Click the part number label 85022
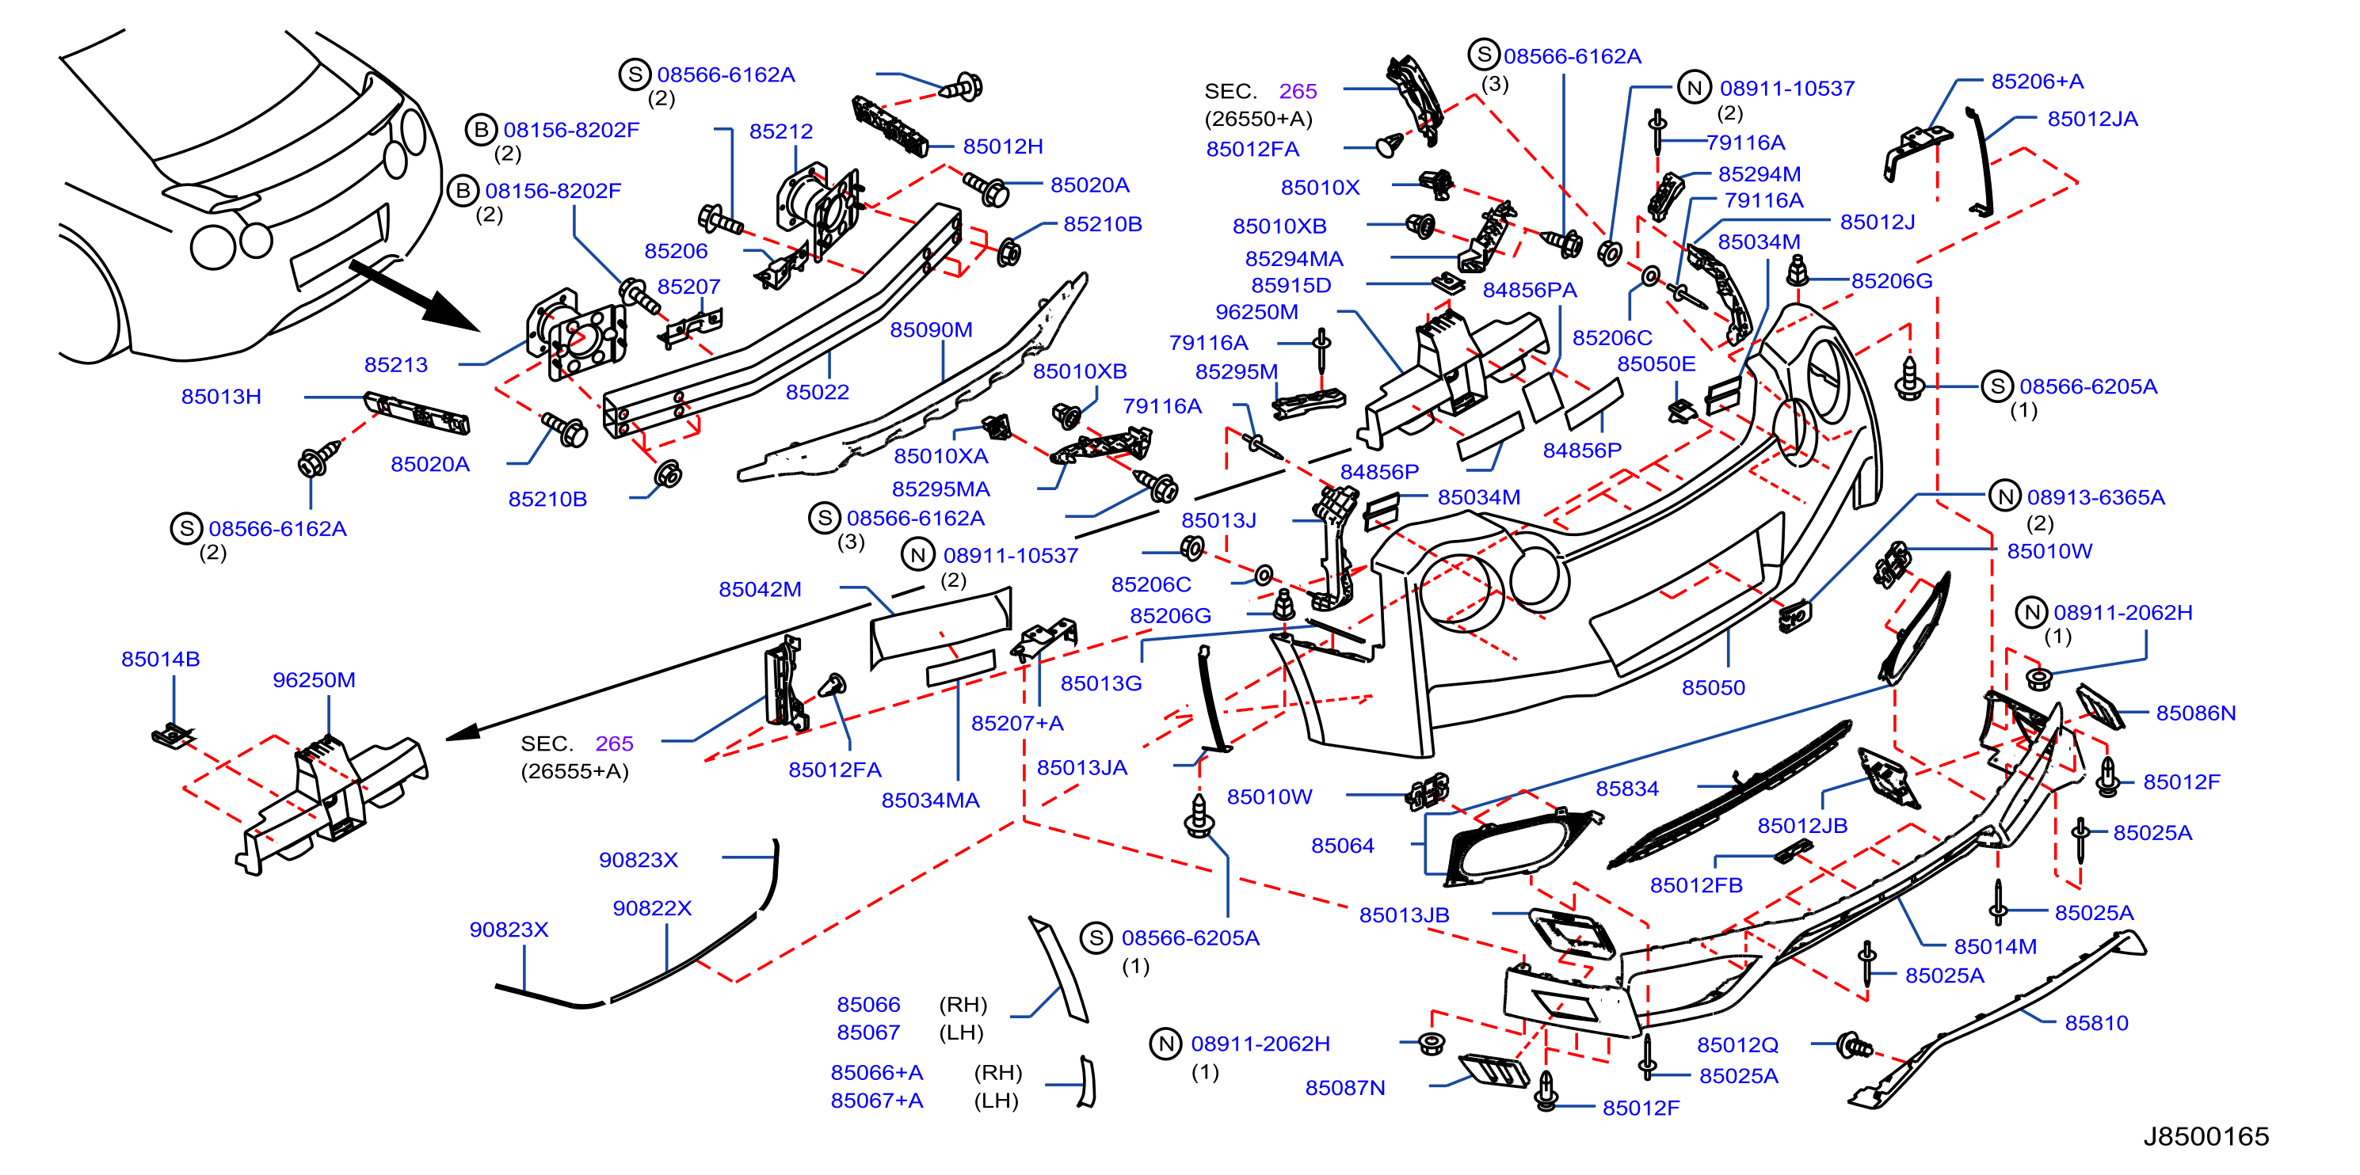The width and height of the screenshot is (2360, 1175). point(818,392)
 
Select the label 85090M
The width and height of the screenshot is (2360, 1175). point(931,329)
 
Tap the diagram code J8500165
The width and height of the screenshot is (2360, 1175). point(2206,1136)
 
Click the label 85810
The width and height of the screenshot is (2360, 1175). point(2096,1023)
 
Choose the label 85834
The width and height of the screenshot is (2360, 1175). point(1627,789)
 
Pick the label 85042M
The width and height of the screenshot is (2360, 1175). point(760,589)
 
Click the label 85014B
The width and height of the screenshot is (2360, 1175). point(160,660)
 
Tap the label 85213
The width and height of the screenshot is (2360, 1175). point(396,364)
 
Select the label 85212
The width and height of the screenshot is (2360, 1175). point(780,131)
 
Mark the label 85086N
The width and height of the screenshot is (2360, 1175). point(2195,713)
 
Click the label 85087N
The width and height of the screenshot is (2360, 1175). point(1345,1088)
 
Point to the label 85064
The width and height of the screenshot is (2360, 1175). point(1342,846)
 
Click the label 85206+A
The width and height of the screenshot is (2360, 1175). point(2037,82)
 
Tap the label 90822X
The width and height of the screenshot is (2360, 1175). point(651,908)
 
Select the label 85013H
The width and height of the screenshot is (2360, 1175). point(221,397)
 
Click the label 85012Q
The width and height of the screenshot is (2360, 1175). point(1737,1045)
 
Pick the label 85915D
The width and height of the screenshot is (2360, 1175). point(1291,286)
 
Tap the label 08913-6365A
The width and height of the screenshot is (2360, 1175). point(2095,497)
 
